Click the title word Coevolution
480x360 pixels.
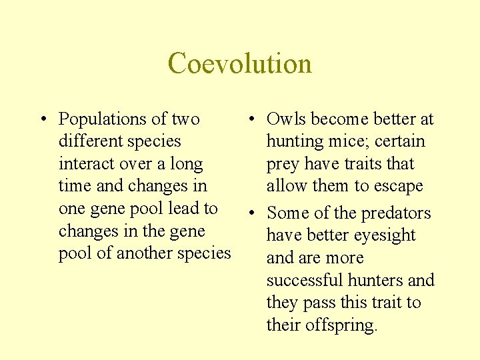[239, 64]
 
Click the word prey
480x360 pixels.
[283, 165]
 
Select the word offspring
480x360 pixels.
[341, 326]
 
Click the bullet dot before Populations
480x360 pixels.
[42, 120]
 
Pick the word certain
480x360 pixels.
[400, 141]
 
